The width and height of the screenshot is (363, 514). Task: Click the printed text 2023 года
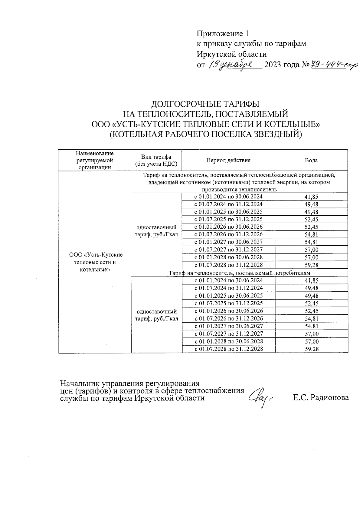[x=282, y=65]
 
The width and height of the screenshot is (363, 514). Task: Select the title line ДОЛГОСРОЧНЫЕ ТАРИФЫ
[x=205, y=104]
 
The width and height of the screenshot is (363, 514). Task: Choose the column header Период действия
[x=228, y=160]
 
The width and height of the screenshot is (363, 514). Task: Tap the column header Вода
[x=311, y=160]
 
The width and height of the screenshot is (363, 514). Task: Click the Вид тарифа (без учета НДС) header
[x=156, y=161]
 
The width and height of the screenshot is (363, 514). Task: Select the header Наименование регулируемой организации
[x=95, y=160]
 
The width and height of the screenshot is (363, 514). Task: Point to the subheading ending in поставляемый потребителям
[x=239, y=273]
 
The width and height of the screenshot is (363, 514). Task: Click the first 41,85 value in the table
[x=311, y=197]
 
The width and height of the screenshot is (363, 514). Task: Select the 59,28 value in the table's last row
[x=311, y=349]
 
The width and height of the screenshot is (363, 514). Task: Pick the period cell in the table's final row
[x=228, y=349]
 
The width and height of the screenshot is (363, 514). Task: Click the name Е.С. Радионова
[x=321, y=397]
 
